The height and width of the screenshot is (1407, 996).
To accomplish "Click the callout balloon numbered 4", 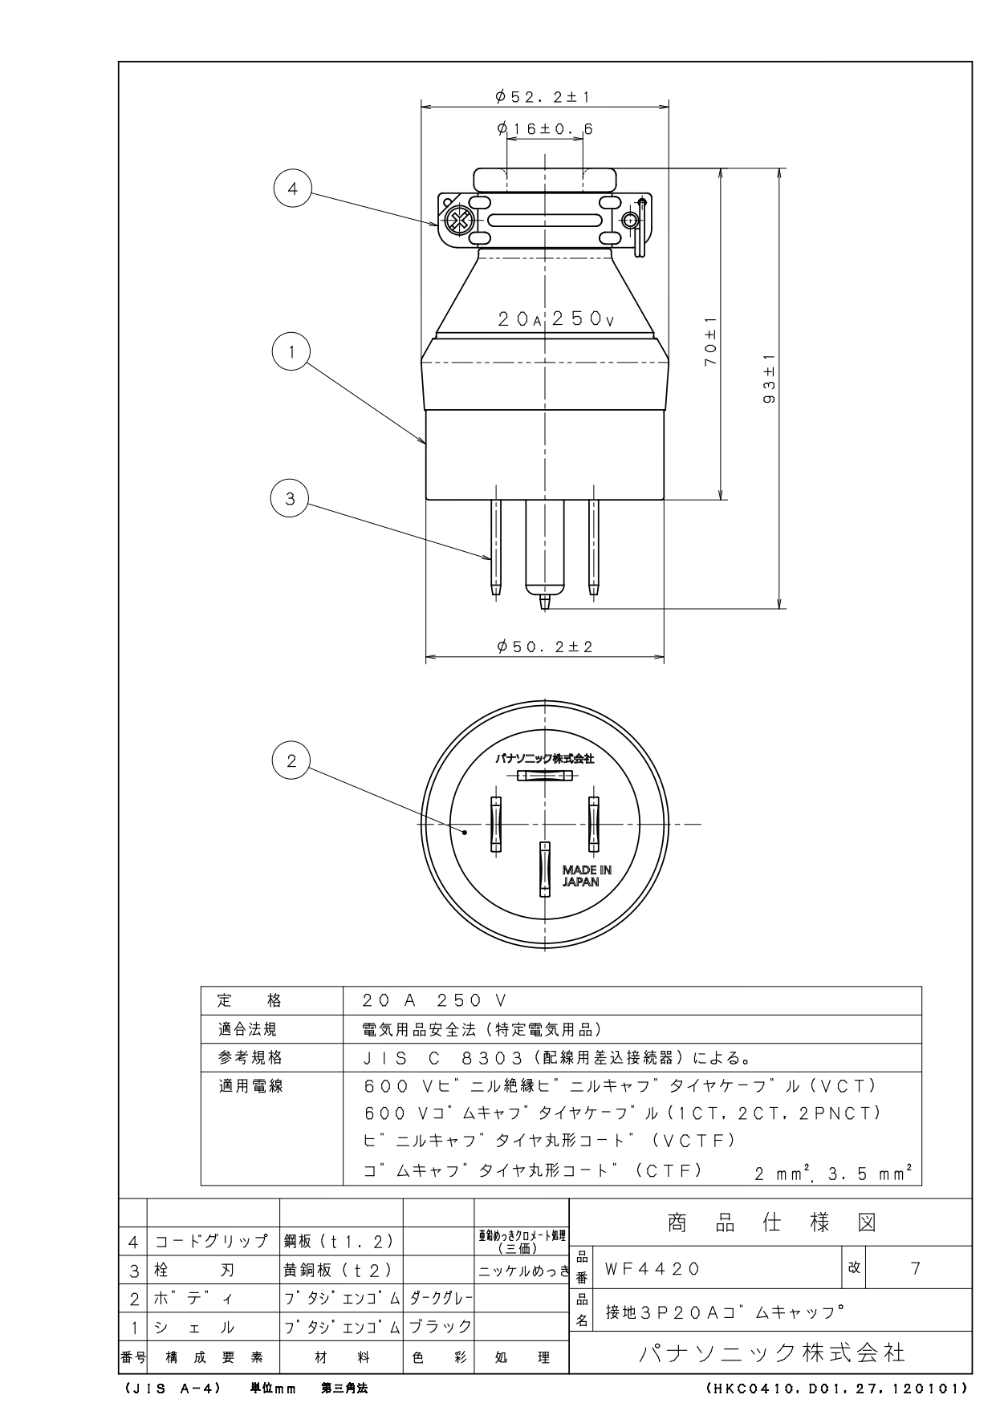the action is click(x=292, y=189).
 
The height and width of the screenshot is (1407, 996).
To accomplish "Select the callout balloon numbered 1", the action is click(x=291, y=351).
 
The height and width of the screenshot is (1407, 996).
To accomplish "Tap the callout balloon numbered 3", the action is click(x=291, y=498).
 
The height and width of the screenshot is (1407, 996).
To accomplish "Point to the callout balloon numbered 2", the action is click(x=291, y=760).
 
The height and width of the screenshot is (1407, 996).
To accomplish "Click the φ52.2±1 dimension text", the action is click(x=543, y=97).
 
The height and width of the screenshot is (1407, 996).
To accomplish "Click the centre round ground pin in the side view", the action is click(x=545, y=553).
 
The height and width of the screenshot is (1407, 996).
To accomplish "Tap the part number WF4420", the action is click(x=652, y=1268).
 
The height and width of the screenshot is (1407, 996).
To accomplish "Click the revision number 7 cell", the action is click(x=916, y=1268).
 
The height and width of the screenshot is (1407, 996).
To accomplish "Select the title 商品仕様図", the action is click(x=771, y=1223).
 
